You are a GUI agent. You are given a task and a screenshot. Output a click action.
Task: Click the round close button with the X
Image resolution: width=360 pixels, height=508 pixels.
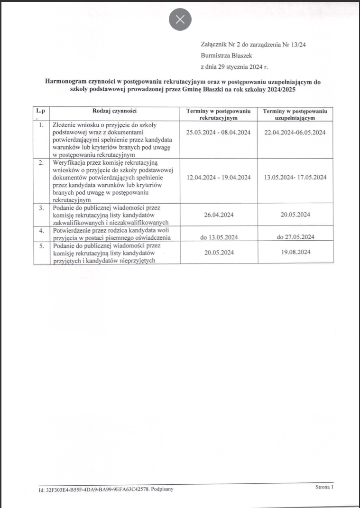[x=180, y=19]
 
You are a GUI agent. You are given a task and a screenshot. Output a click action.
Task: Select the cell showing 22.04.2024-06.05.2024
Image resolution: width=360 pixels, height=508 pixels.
[x=295, y=132]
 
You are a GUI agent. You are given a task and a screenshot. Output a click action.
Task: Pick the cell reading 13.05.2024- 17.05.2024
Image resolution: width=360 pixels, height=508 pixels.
[x=295, y=177]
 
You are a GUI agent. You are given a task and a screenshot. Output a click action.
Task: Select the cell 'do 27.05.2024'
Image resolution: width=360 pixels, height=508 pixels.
[x=295, y=237]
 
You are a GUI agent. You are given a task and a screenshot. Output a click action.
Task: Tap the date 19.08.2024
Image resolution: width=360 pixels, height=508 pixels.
[x=295, y=252]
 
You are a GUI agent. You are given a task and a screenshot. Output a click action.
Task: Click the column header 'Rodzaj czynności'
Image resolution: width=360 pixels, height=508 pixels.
[x=115, y=111]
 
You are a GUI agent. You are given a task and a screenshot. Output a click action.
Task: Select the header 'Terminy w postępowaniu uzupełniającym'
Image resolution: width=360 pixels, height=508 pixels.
[x=295, y=114]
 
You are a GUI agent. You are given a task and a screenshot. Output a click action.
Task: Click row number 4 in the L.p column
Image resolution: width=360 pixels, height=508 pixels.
[x=41, y=230]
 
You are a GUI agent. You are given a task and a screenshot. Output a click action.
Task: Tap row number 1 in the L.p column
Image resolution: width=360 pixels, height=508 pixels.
[x=41, y=125]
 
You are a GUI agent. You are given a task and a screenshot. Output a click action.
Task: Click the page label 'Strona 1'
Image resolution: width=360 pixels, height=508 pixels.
[x=324, y=487]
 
